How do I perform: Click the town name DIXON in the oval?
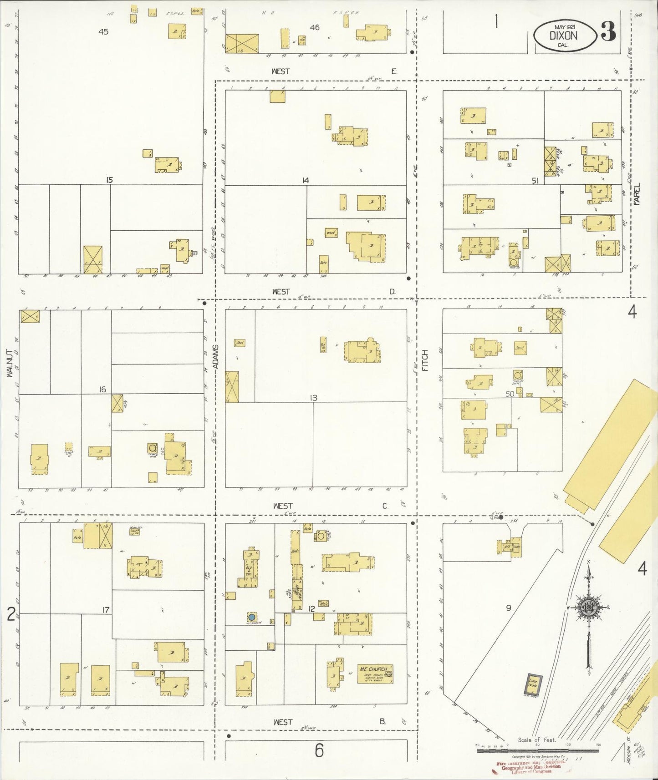click(x=563, y=35)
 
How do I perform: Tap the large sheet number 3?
click(x=608, y=31)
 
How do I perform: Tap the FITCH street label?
click(x=425, y=360)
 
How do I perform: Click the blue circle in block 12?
click(x=251, y=617)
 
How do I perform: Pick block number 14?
click(x=305, y=181)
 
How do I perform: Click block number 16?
click(x=102, y=389)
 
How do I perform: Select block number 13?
click(x=313, y=398)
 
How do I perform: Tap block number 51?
click(x=535, y=181)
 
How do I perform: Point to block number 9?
click(x=509, y=608)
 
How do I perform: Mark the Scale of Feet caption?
click(x=537, y=739)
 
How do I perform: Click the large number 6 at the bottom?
click(x=319, y=750)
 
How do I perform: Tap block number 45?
click(x=103, y=32)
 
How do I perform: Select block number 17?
click(x=106, y=610)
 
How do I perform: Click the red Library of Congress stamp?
click(x=528, y=768)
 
